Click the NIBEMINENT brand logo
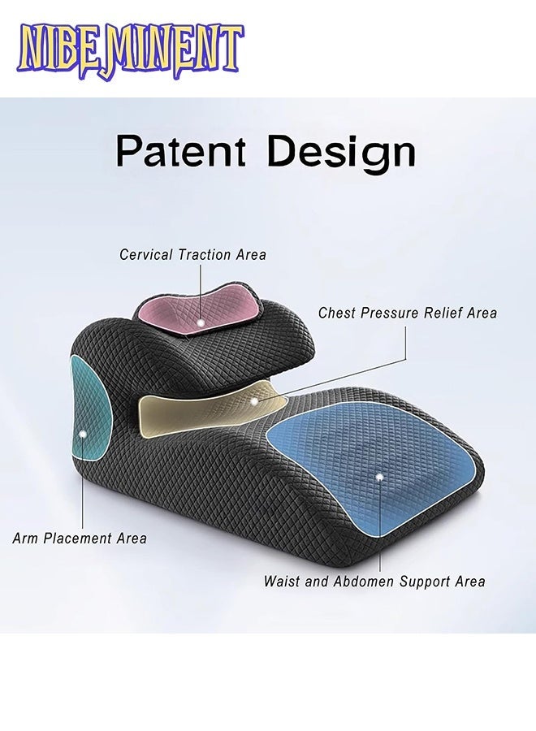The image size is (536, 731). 130,50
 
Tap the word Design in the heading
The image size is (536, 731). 342,152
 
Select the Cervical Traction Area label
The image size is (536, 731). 192,254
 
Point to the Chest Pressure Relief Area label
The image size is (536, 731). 407,313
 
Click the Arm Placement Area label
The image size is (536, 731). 80,538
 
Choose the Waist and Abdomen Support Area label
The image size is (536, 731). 374,582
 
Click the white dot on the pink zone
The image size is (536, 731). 201,322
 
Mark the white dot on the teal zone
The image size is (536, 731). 83,435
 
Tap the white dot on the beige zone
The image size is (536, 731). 254,400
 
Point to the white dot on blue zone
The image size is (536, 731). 379,477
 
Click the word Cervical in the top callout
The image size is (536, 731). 147,254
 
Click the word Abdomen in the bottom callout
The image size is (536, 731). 360,582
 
